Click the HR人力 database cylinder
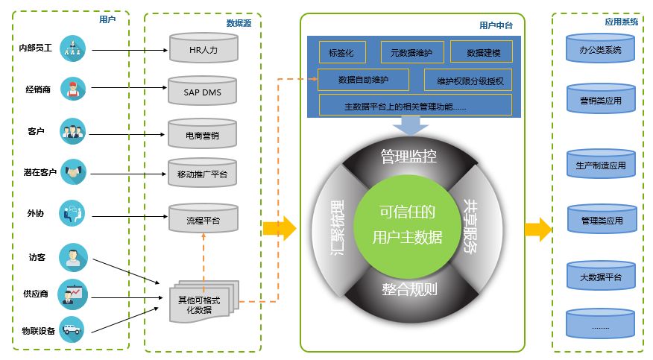204,48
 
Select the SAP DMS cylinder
203,91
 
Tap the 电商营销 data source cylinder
203,133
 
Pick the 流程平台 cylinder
204,218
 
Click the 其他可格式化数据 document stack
204,302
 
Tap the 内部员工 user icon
72,48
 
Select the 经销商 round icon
73,89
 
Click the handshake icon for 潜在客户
73,171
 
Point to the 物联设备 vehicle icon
72,329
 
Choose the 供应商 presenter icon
72,294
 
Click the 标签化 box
342,52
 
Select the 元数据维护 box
412,52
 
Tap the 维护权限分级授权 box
468,80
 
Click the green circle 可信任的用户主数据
407,226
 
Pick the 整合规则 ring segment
410,292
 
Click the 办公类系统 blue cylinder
600,48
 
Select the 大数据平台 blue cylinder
601,275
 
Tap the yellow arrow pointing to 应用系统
538,230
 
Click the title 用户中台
496,25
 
